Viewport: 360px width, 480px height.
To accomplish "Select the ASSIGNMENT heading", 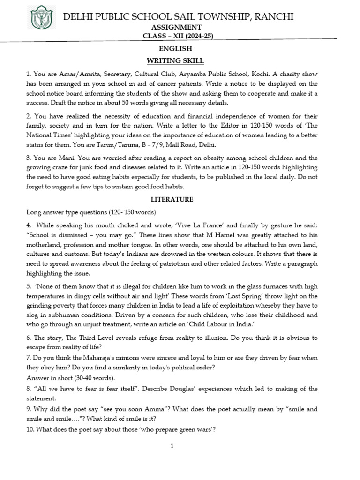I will [x=180, y=28].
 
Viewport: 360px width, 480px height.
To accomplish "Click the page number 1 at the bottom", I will [x=172, y=446].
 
